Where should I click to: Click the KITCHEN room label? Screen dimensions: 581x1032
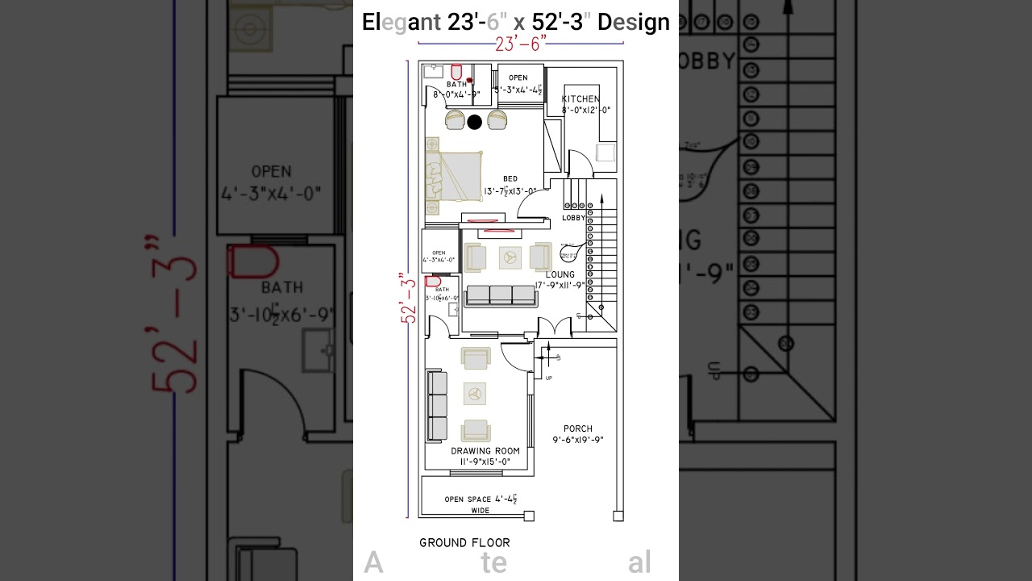(x=580, y=99)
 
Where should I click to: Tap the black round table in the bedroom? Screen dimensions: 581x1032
(x=475, y=122)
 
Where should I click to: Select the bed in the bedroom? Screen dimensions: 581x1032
(x=454, y=177)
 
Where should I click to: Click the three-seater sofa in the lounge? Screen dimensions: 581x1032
(x=501, y=295)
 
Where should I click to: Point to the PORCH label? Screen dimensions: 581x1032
(x=578, y=429)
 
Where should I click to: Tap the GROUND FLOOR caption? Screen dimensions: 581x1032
(x=464, y=542)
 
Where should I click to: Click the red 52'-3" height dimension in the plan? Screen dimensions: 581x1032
(x=409, y=299)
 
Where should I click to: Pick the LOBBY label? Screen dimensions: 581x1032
(x=573, y=218)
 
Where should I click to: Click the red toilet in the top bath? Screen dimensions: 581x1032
(x=456, y=73)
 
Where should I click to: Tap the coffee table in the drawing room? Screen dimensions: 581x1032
(x=475, y=394)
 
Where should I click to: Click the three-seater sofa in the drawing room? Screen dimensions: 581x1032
(x=436, y=405)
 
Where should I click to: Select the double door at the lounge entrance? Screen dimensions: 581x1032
(x=555, y=328)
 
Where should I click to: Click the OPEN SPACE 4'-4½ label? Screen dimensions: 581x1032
(x=481, y=499)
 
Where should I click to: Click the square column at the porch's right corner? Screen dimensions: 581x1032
(x=618, y=516)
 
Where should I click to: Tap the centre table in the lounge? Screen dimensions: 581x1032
(x=509, y=257)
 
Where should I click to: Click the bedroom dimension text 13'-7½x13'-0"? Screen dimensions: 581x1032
(x=510, y=191)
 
